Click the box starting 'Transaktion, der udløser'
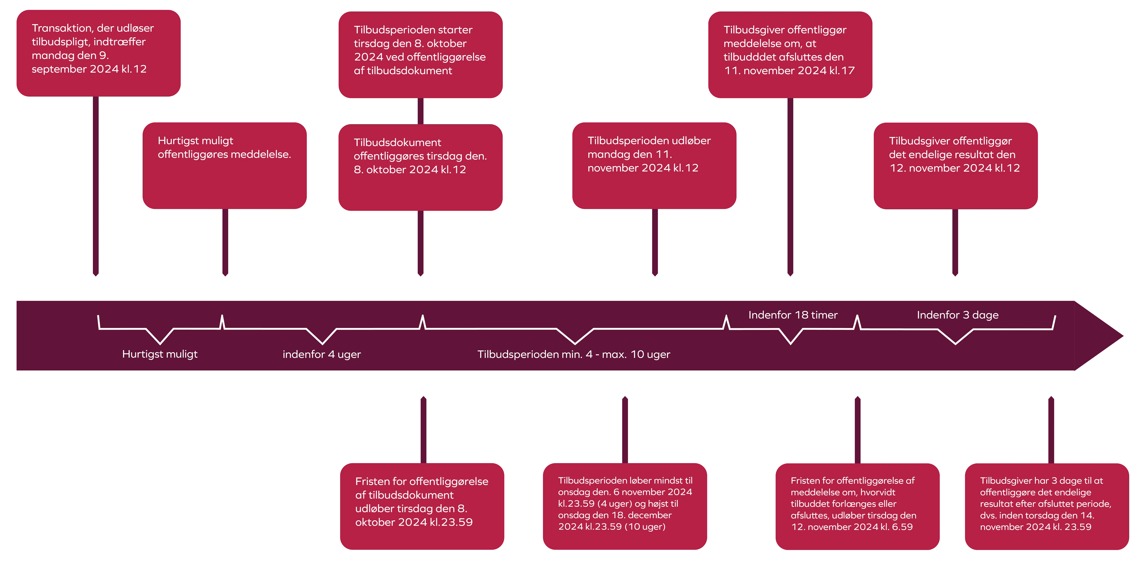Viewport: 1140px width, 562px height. coord(98,53)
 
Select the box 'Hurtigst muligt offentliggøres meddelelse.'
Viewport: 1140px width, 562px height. coord(224,165)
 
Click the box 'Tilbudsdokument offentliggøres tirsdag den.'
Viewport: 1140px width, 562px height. coord(420,167)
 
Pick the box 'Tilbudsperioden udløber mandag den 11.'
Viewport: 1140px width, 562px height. coord(654,165)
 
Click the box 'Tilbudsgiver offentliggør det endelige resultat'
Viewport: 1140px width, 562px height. coord(955,166)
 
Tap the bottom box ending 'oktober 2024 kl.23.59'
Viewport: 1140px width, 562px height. coord(422,506)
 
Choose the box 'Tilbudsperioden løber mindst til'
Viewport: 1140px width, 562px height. coord(625,506)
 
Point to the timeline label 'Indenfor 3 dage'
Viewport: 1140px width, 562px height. coord(957,315)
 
